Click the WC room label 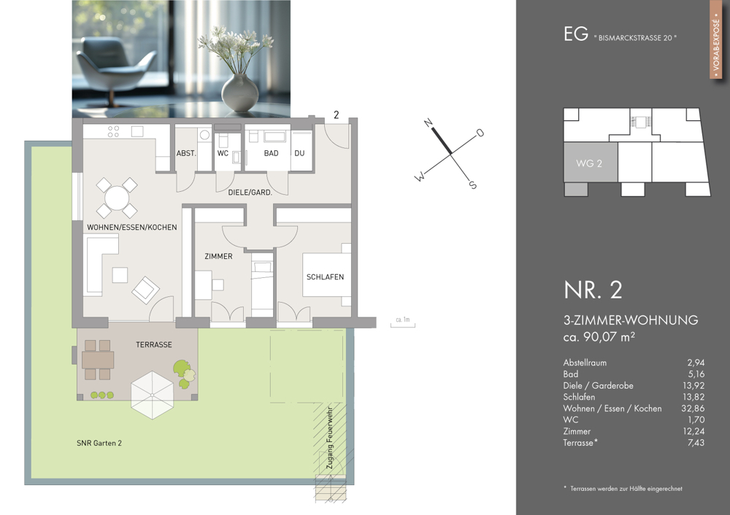click(x=223, y=153)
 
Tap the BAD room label click(x=271, y=153)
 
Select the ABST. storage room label click(x=186, y=153)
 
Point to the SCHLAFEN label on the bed click(x=325, y=276)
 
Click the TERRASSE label click(x=153, y=345)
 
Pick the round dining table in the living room click(x=117, y=198)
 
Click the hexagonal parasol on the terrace click(x=153, y=395)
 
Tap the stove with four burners click(x=114, y=131)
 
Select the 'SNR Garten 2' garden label click(x=99, y=443)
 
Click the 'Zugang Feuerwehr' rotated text click(x=330, y=438)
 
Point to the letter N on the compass click(x=429, y=123)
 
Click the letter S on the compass click(x=473, y=185)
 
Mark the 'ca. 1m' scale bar click(x=403, y=323)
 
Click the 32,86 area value click(x=693, y=408)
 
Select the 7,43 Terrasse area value click(x=696, y=443)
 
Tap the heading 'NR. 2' click(x=593, y=290)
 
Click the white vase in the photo click(x=239, y=93)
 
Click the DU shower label click(x=299, y=153)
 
